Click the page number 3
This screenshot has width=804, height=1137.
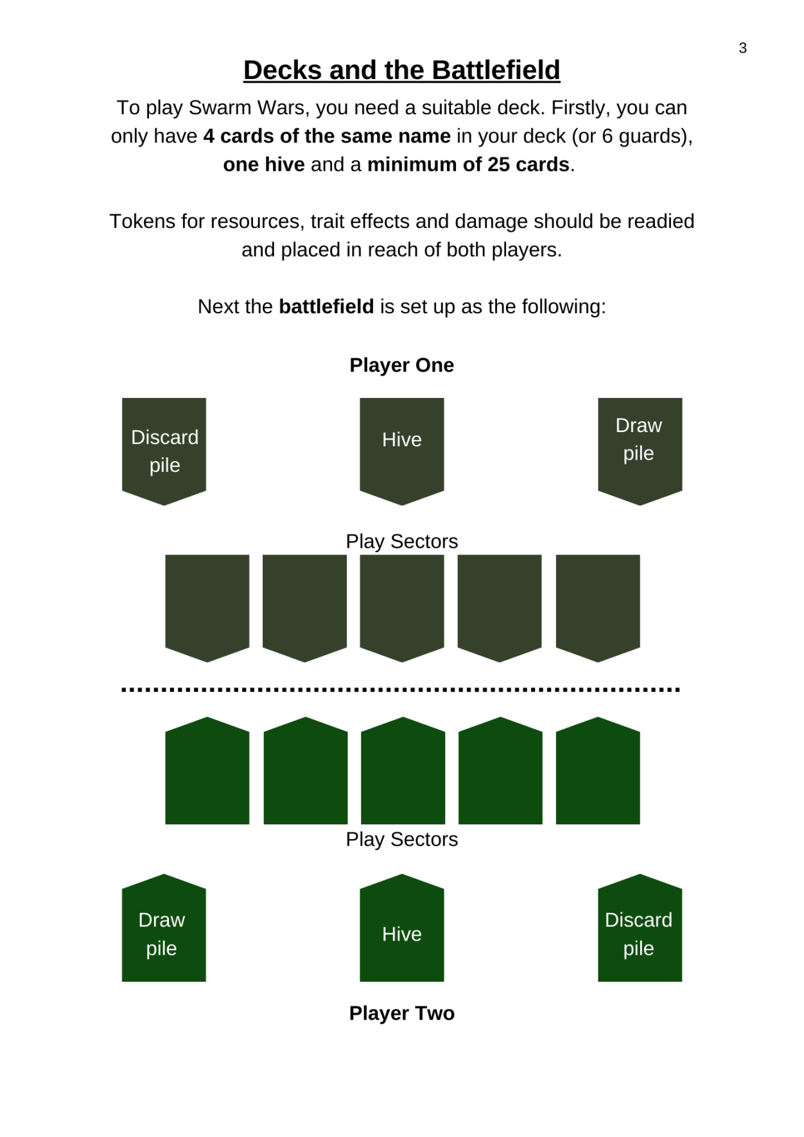click(742, 48)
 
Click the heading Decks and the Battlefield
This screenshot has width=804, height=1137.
click(402, 70)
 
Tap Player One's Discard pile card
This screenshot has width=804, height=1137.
click(164, 451)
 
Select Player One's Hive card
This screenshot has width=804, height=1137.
click(402, 451)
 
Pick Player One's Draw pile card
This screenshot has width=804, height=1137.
click(640, 451)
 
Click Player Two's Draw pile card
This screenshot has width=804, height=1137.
click(164, 928)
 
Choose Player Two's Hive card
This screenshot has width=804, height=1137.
click(402, 928)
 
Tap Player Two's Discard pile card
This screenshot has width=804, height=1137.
click(640, 928)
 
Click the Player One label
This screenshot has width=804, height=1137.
click(402, 365)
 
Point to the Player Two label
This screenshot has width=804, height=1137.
click(402, 1013)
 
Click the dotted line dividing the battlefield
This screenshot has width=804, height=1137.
click(401, 690)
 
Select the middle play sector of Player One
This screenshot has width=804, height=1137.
click(402, 608)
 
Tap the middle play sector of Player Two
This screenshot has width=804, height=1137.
click(403, 770)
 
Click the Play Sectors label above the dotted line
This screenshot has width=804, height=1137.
click(402, 541)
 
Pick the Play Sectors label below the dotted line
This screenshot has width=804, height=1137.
click(402, 839)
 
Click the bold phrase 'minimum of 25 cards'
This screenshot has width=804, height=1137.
click(469, 164)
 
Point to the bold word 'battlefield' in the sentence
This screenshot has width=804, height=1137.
click(326, 306)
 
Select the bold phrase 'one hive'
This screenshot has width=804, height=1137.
click(264, 164)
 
